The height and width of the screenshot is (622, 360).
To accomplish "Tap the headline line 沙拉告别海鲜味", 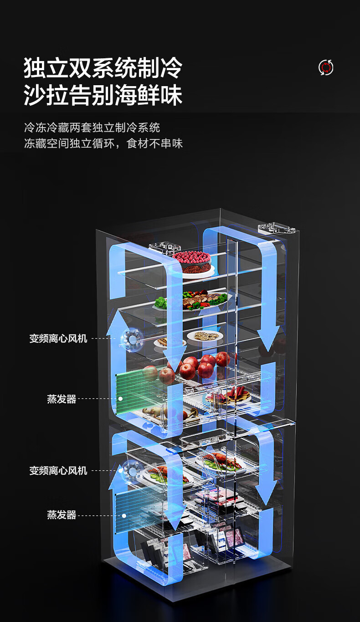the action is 103,96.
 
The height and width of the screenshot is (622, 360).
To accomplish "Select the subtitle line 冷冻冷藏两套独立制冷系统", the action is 92,127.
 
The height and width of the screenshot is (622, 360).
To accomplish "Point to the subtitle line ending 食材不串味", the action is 103,144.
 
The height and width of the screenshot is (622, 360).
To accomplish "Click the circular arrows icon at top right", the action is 326,67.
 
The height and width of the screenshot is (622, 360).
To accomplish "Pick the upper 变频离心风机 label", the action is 58,339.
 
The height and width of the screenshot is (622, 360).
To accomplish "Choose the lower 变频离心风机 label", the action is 58,471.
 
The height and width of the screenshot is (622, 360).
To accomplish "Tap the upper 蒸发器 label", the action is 61,399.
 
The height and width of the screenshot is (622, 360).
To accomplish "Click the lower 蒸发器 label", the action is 61,515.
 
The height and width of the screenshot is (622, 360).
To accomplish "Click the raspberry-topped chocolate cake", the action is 191,262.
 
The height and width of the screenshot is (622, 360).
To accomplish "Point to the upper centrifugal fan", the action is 131,339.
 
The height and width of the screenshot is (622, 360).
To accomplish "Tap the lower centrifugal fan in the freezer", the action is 131,469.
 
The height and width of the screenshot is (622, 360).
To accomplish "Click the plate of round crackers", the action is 205,336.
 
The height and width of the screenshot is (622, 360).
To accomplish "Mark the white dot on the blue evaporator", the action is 123,515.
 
